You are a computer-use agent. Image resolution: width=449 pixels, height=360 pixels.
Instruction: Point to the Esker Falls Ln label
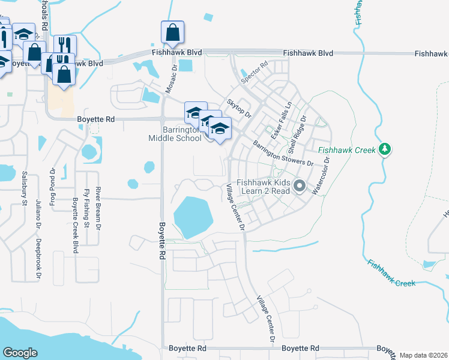(280, 119)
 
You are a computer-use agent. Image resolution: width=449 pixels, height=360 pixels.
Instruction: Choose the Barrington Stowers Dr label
(283, 154)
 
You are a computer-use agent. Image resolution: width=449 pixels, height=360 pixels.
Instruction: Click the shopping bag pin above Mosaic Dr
(172, 32)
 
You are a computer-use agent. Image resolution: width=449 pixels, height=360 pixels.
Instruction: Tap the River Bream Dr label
(98, 198)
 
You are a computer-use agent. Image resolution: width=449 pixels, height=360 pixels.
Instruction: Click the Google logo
(20, 353)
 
